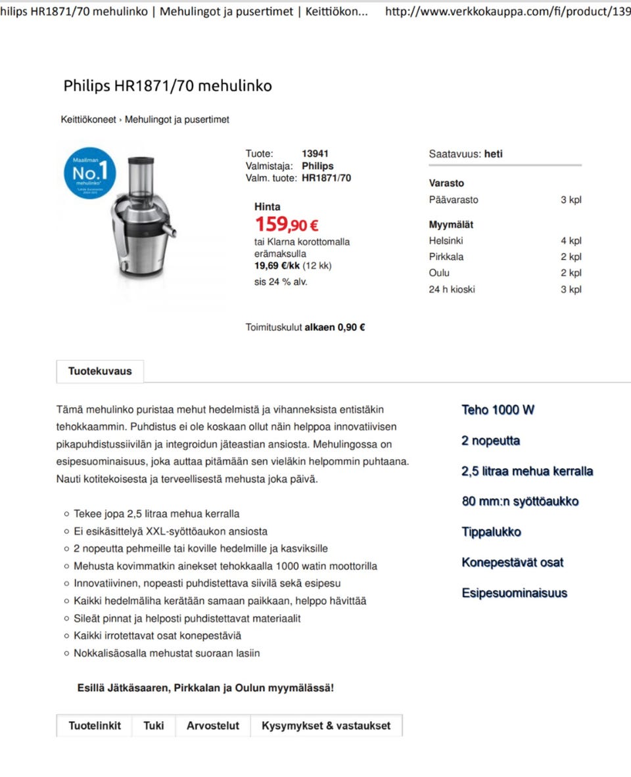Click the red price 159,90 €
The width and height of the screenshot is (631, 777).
287,225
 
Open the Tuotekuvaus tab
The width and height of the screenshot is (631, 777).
100,371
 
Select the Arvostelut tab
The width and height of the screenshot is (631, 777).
213,726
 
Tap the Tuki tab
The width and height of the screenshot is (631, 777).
154,726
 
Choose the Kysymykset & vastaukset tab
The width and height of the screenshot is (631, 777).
326,726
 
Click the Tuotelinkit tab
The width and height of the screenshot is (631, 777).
95,726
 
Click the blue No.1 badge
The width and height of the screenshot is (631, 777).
89,173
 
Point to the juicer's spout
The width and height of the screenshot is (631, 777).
172,231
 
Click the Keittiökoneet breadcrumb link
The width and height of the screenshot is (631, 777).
88,120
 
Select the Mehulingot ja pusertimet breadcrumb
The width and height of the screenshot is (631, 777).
177,120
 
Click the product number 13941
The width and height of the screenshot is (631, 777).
315,154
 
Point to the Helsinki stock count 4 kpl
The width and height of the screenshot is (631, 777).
571,241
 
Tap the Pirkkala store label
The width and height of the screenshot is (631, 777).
446,257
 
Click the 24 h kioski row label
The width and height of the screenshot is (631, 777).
452,289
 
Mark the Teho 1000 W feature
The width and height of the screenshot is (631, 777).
498,410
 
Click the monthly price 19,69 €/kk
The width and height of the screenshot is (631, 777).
277,266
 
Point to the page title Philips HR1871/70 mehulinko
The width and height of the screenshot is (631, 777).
168,86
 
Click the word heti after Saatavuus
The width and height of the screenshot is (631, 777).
493,154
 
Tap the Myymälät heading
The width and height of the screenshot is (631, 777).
451,225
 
